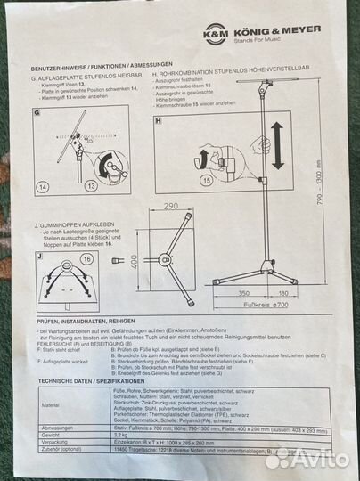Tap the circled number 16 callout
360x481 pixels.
87,258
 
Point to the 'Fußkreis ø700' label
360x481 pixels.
290,306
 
